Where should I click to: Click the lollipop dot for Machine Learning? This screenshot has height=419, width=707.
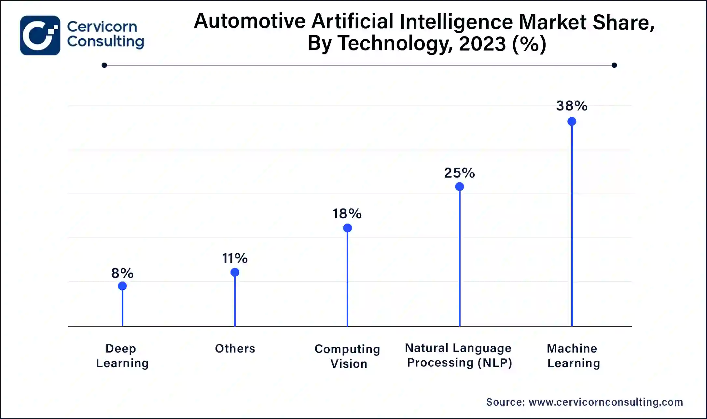coord(572,122)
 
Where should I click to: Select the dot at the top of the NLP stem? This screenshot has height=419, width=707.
coord(459,187)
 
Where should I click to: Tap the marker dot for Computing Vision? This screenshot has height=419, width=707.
coord(347,228)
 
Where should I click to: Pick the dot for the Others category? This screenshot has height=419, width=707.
coord(235,272)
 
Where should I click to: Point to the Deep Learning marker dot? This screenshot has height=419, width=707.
coord(122,286)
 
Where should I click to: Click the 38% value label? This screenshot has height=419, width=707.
coord(572,106)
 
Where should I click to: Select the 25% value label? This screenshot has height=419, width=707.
coord(459,173)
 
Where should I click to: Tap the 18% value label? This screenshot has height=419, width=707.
coord(347,214)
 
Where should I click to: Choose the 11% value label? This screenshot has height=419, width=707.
coord(235,258)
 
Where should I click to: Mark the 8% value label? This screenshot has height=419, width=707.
coord(122,273)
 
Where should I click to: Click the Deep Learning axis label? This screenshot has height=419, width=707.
coord(122,356)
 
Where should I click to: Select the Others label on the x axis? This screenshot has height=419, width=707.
coord(235,349)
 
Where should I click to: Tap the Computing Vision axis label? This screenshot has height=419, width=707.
coord(347,356)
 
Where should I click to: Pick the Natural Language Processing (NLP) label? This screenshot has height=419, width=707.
coord(459,355)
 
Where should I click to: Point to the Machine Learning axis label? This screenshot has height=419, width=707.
coord(573,356)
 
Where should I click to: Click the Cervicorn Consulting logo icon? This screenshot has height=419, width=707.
coord(40,36)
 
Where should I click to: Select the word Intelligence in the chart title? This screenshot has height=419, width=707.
coord(456,22)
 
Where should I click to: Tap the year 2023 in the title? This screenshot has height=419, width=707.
coord(482,44)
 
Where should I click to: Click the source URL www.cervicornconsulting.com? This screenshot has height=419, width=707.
coord(606,402)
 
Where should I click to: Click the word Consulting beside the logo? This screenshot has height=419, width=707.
coord(105,42)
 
